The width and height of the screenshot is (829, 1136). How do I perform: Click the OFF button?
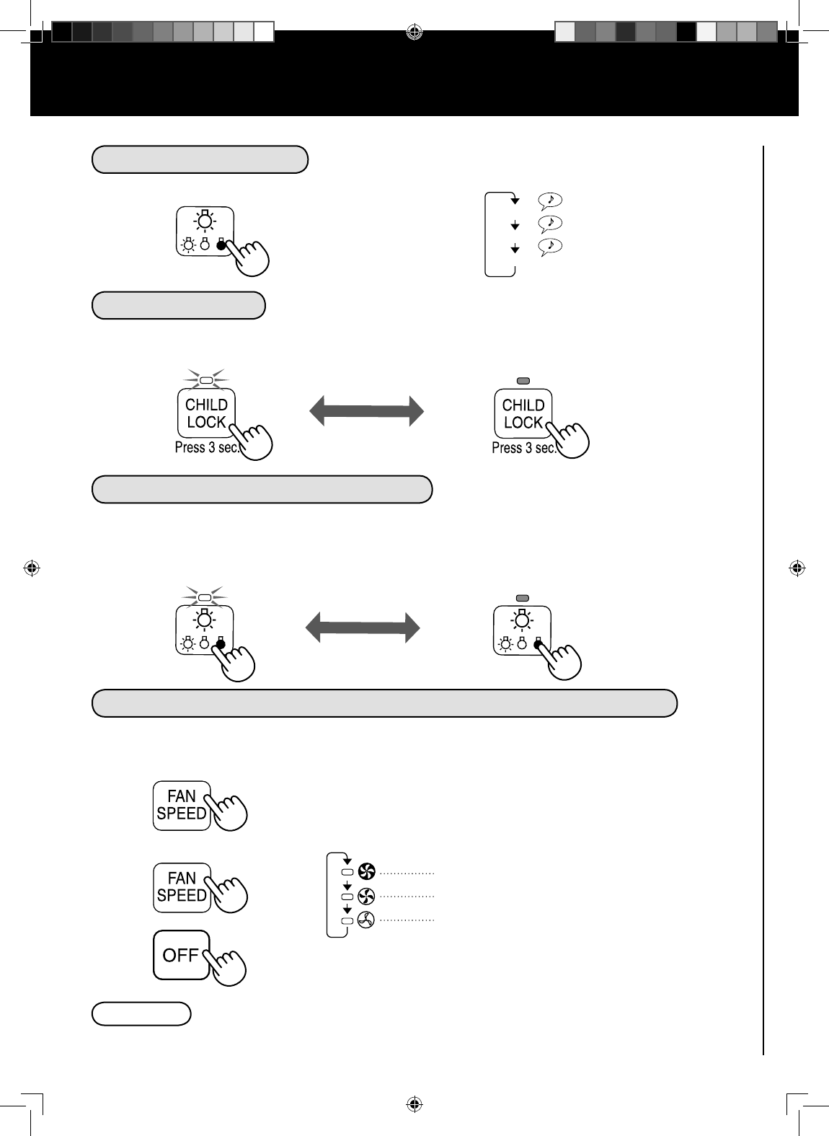(181, 955)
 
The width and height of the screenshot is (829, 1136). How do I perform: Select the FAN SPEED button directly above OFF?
(182, 887)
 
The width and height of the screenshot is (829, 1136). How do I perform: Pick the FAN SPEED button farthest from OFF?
(182, 805)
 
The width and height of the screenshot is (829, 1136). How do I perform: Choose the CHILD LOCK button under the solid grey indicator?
(523, 413)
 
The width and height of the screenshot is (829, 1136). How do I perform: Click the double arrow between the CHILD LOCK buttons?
(367, 410)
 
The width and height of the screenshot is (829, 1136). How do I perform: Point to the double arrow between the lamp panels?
(363, 627)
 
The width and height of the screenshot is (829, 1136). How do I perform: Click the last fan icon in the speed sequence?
(366, 920)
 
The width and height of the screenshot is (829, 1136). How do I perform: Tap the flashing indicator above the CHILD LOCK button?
(206, 379)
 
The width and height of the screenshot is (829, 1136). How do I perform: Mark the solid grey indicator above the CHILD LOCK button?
(523, 380)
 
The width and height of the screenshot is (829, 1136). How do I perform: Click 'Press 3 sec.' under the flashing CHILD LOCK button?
(207, 448)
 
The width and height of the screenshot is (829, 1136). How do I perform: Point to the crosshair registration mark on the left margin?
(31, 568)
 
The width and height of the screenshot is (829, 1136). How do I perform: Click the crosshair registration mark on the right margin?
(797, 568)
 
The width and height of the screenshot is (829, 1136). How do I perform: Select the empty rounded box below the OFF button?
(141, 1013)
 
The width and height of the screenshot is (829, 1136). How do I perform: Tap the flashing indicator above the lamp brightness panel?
(205, 597)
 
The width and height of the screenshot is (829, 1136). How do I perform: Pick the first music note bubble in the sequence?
(550, 200)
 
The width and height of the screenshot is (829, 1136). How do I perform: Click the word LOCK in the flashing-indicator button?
(206, 422)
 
